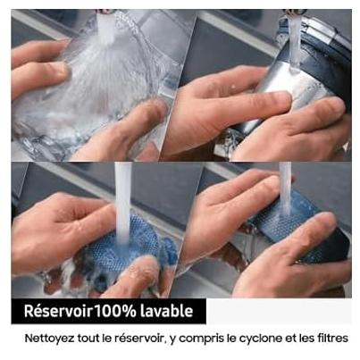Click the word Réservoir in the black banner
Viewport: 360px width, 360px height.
coord(58,311)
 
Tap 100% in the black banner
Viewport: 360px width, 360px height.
coord(115,311)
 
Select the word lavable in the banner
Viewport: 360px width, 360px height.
coord(166,311)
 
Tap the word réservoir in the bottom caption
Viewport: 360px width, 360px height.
coord(138,339)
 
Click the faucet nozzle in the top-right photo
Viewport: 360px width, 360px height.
coord(296,12)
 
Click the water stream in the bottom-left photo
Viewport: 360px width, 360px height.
coord(123,203)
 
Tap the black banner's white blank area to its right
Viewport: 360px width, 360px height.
coord(279,311)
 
